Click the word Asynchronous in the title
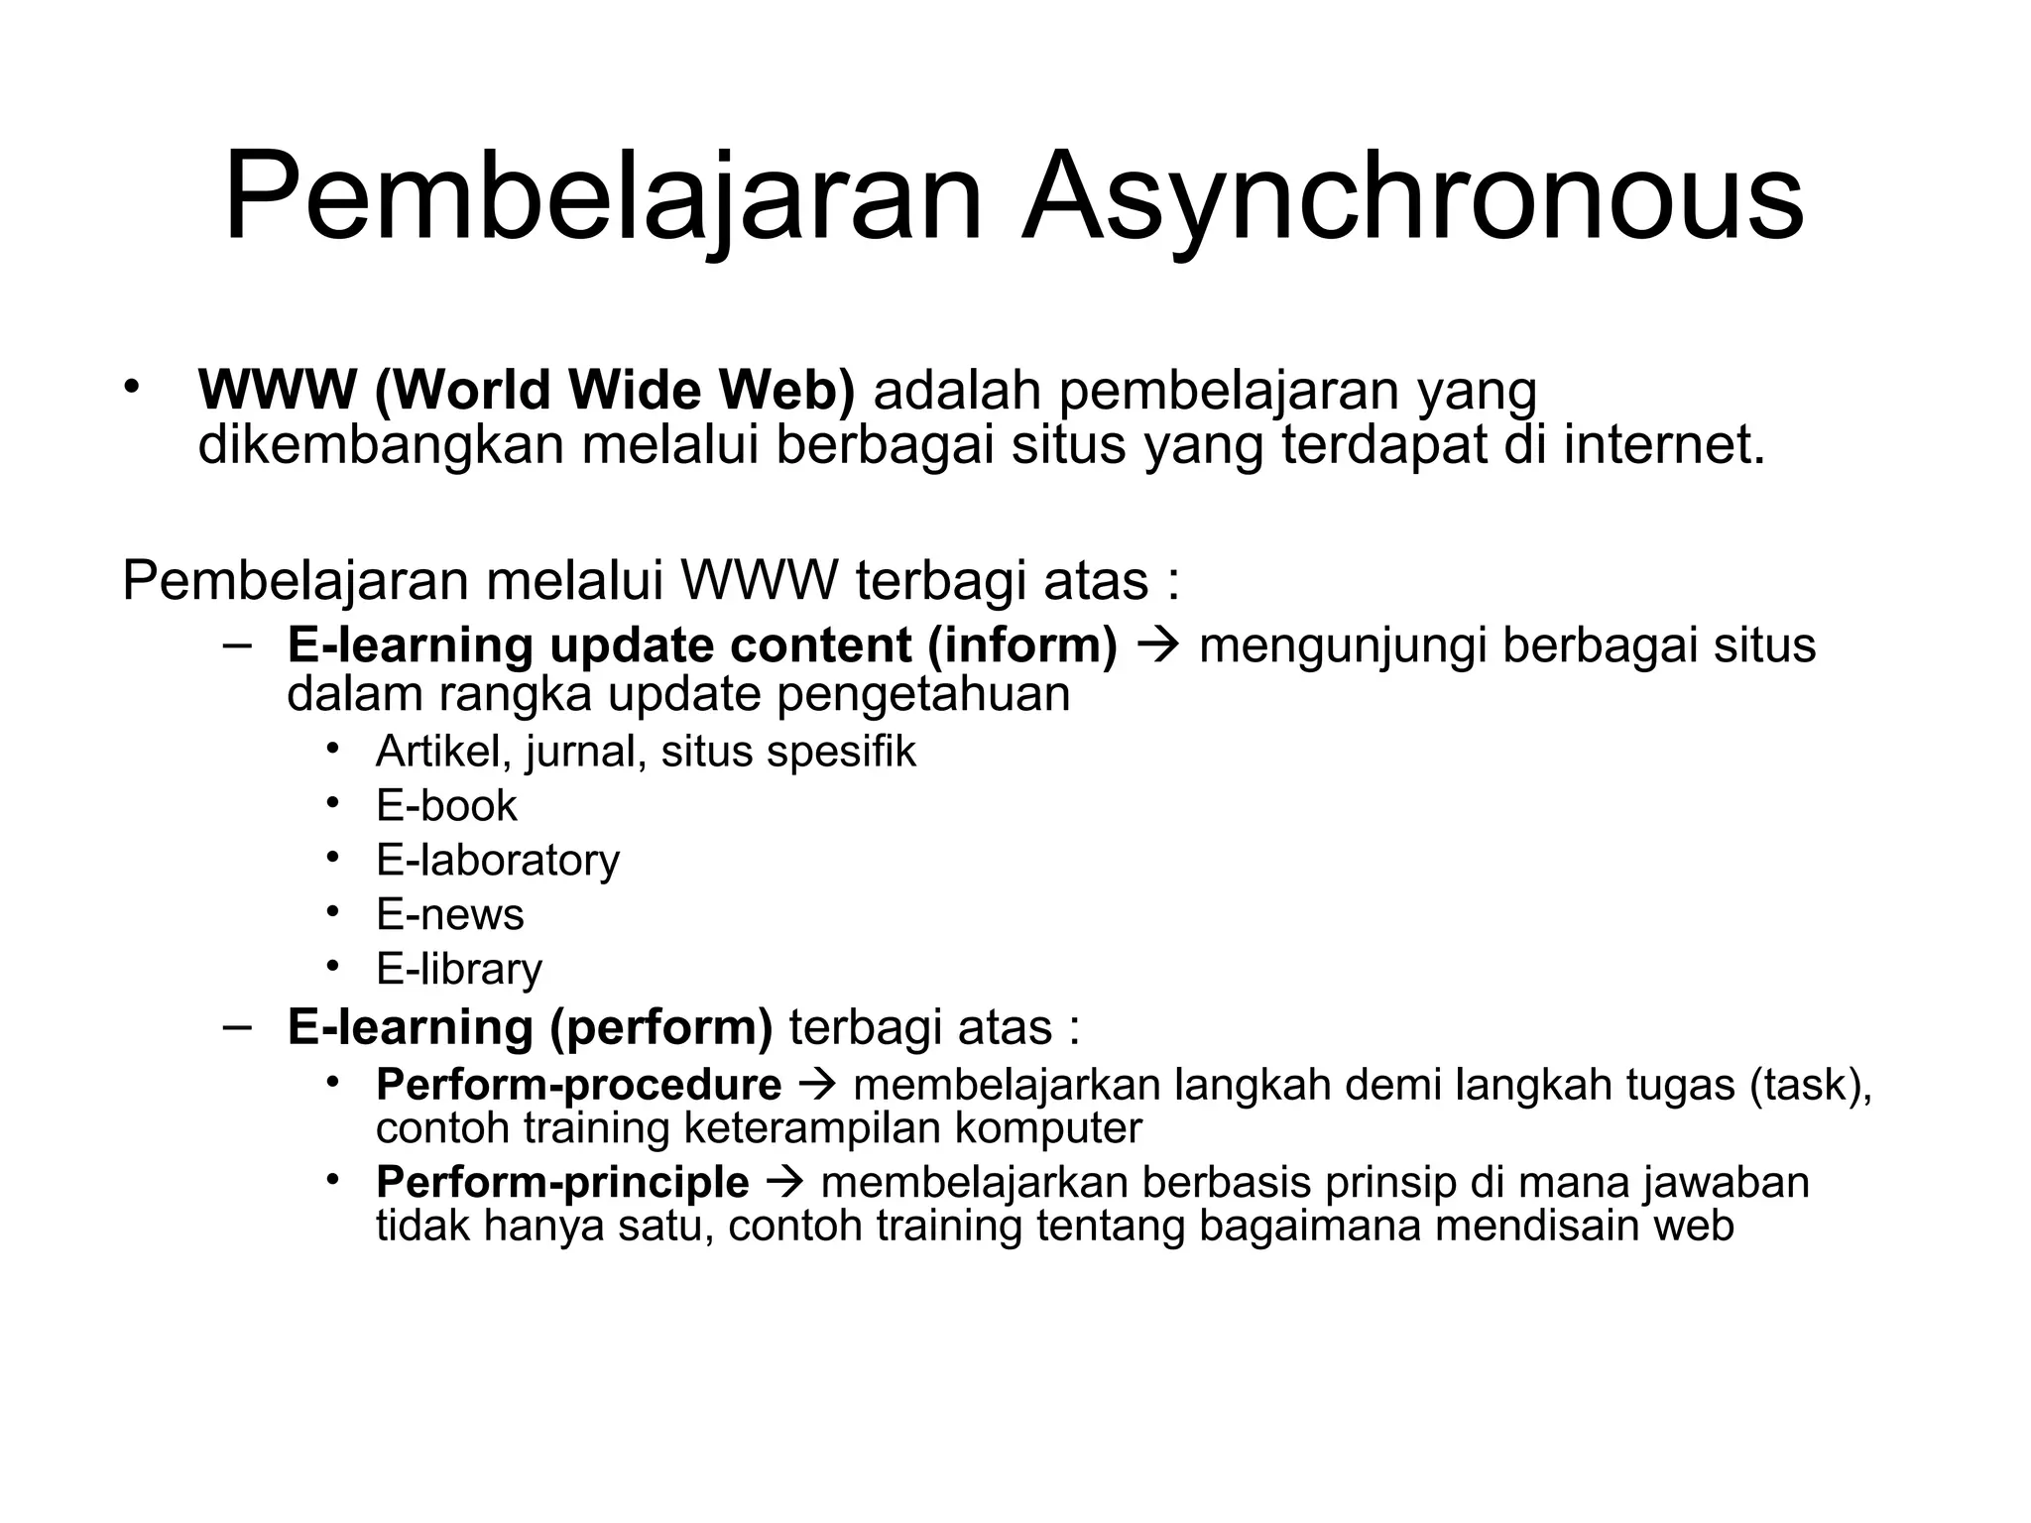click(x=1412, y=198)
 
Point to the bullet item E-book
click(x=446, y=805)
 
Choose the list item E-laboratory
click(x=497, y=860)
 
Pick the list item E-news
click(x=449, y=914)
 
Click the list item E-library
click(x=459, y=969)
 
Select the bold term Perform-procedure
click(x=578, y=1085)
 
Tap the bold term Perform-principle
click(x=562, y=1182)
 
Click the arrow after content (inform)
click(x=1157, y=645)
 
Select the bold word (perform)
click(x=660, y=1027)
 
